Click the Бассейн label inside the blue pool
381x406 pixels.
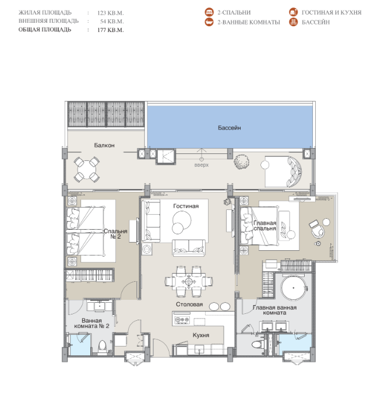click(229, 128)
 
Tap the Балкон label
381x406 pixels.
click(104, 145)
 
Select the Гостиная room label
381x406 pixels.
click(186, 206)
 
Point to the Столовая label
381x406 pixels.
click(189, 304)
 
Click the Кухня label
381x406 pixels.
click(201, 335)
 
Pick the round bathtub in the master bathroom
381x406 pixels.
click(294, 288)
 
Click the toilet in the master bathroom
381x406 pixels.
click(257, 345)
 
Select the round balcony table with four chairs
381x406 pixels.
click(86, 170)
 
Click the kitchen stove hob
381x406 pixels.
click(182, 320)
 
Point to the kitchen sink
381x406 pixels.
click(199, 349)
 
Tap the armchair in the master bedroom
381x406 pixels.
click(317, 229)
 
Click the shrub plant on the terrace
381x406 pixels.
click(241, 162)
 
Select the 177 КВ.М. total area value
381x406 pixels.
click(111, 30)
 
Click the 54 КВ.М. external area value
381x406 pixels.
click(112, 22)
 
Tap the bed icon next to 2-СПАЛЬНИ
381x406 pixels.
click(209, 12)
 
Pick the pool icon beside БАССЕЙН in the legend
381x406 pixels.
click(293, 22)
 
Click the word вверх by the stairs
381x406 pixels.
click(201, 165)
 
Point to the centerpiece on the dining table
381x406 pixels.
click(189, 281)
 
